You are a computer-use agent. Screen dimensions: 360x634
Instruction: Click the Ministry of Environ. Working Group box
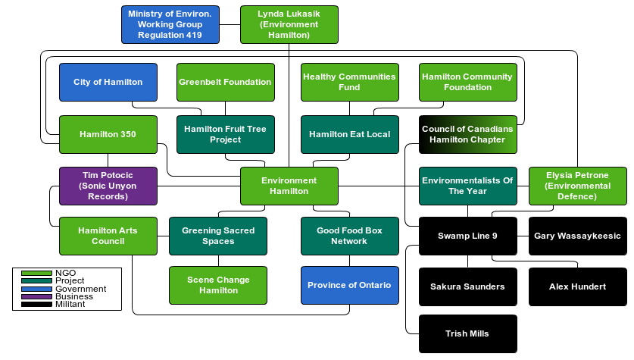click(170, 24)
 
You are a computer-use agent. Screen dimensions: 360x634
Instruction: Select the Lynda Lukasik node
click(289, 24)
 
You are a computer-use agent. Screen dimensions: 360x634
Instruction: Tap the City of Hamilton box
click(108, 82)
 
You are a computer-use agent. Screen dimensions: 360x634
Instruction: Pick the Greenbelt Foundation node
click(225, 82)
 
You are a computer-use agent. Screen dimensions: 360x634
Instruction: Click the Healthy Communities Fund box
click(349, 82)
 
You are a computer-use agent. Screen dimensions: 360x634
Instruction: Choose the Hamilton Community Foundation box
click(467, 82)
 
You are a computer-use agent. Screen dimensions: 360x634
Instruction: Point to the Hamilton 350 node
click(108, 134)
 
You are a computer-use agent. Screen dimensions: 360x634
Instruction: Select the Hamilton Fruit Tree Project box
click(225, 134)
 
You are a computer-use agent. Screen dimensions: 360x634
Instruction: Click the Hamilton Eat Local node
click(349, 134)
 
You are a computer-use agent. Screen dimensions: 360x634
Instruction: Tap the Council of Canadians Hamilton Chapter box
click(467, 134)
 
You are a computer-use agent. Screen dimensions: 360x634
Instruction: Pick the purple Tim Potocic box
click(108, 186)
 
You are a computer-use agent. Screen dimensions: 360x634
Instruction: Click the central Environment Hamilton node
click(289, 186)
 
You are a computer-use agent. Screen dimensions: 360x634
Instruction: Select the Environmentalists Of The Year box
click(467, 186)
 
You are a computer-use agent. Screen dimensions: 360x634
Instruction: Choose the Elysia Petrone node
click(577, 186)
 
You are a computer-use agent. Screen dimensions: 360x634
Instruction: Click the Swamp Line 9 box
click(467, 236)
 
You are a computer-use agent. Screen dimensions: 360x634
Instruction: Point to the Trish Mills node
click(467, 333)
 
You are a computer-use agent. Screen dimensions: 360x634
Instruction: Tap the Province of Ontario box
click(349, 285)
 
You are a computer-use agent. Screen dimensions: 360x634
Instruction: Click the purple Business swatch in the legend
click(36, 296)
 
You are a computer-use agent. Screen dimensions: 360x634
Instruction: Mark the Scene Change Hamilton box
click(217, 285)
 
